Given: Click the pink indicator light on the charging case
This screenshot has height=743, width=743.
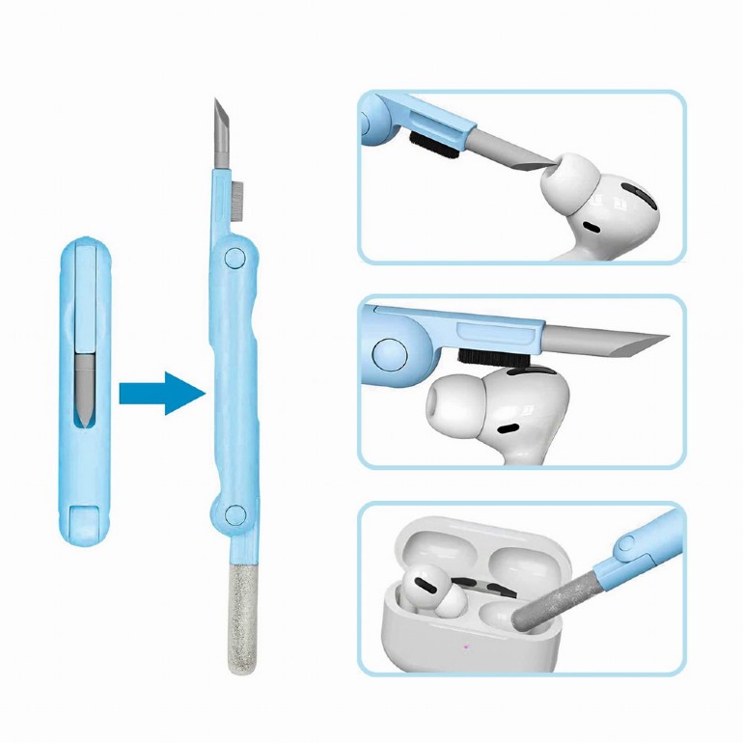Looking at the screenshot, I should [x=466, y=648].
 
